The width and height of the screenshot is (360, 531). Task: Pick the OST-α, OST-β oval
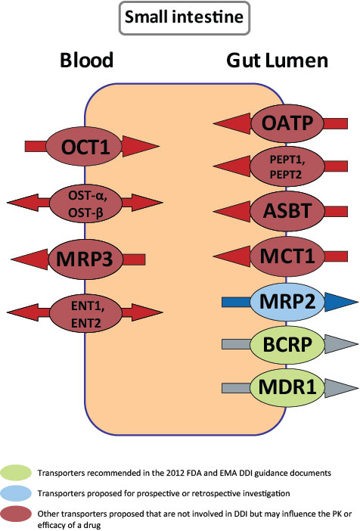click(x=85, y=202)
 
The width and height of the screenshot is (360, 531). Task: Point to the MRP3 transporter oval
click(x=85, y=259)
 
